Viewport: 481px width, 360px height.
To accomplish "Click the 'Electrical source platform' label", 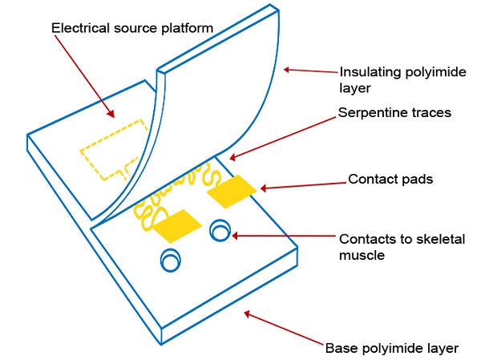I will [x=132, y=28].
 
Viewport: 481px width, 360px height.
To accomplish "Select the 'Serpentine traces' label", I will [x=394, y=113].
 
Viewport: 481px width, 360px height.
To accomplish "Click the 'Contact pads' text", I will [x=390, y=179].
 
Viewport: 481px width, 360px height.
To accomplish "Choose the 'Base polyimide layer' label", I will [x=391, y=348].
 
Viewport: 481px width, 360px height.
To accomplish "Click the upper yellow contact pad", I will [x=231, y=192].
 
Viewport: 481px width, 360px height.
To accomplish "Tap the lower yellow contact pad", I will [x=177, y=226].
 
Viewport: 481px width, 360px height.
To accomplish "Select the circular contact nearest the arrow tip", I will [x=220, y=231].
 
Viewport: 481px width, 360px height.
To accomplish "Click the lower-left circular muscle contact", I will [x=171, y=261].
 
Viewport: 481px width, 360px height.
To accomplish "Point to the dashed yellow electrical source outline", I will [x=112, y=149].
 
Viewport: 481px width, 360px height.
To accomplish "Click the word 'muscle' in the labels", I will [x=360, y=255].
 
